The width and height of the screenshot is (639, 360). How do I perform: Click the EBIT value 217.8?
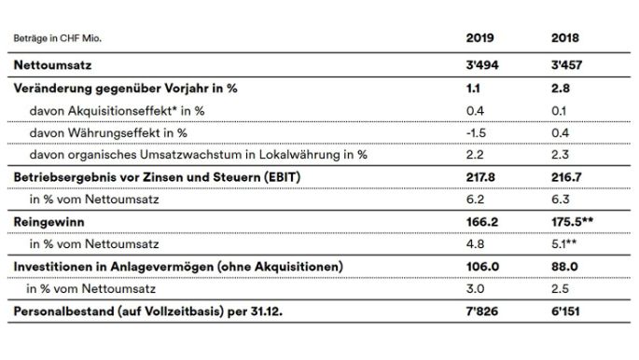pyautogui.click(x=481, y=176)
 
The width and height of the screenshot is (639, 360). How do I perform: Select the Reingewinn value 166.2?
pyautogui.click(x=481, y=221)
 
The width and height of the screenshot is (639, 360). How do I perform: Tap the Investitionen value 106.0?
pyautogui.click(x=482, y=266)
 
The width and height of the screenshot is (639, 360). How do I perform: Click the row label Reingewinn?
pyautogui.click(x=46, y=221)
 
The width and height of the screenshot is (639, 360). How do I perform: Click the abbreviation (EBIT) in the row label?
pyautogui.click(x=251, y=176)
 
